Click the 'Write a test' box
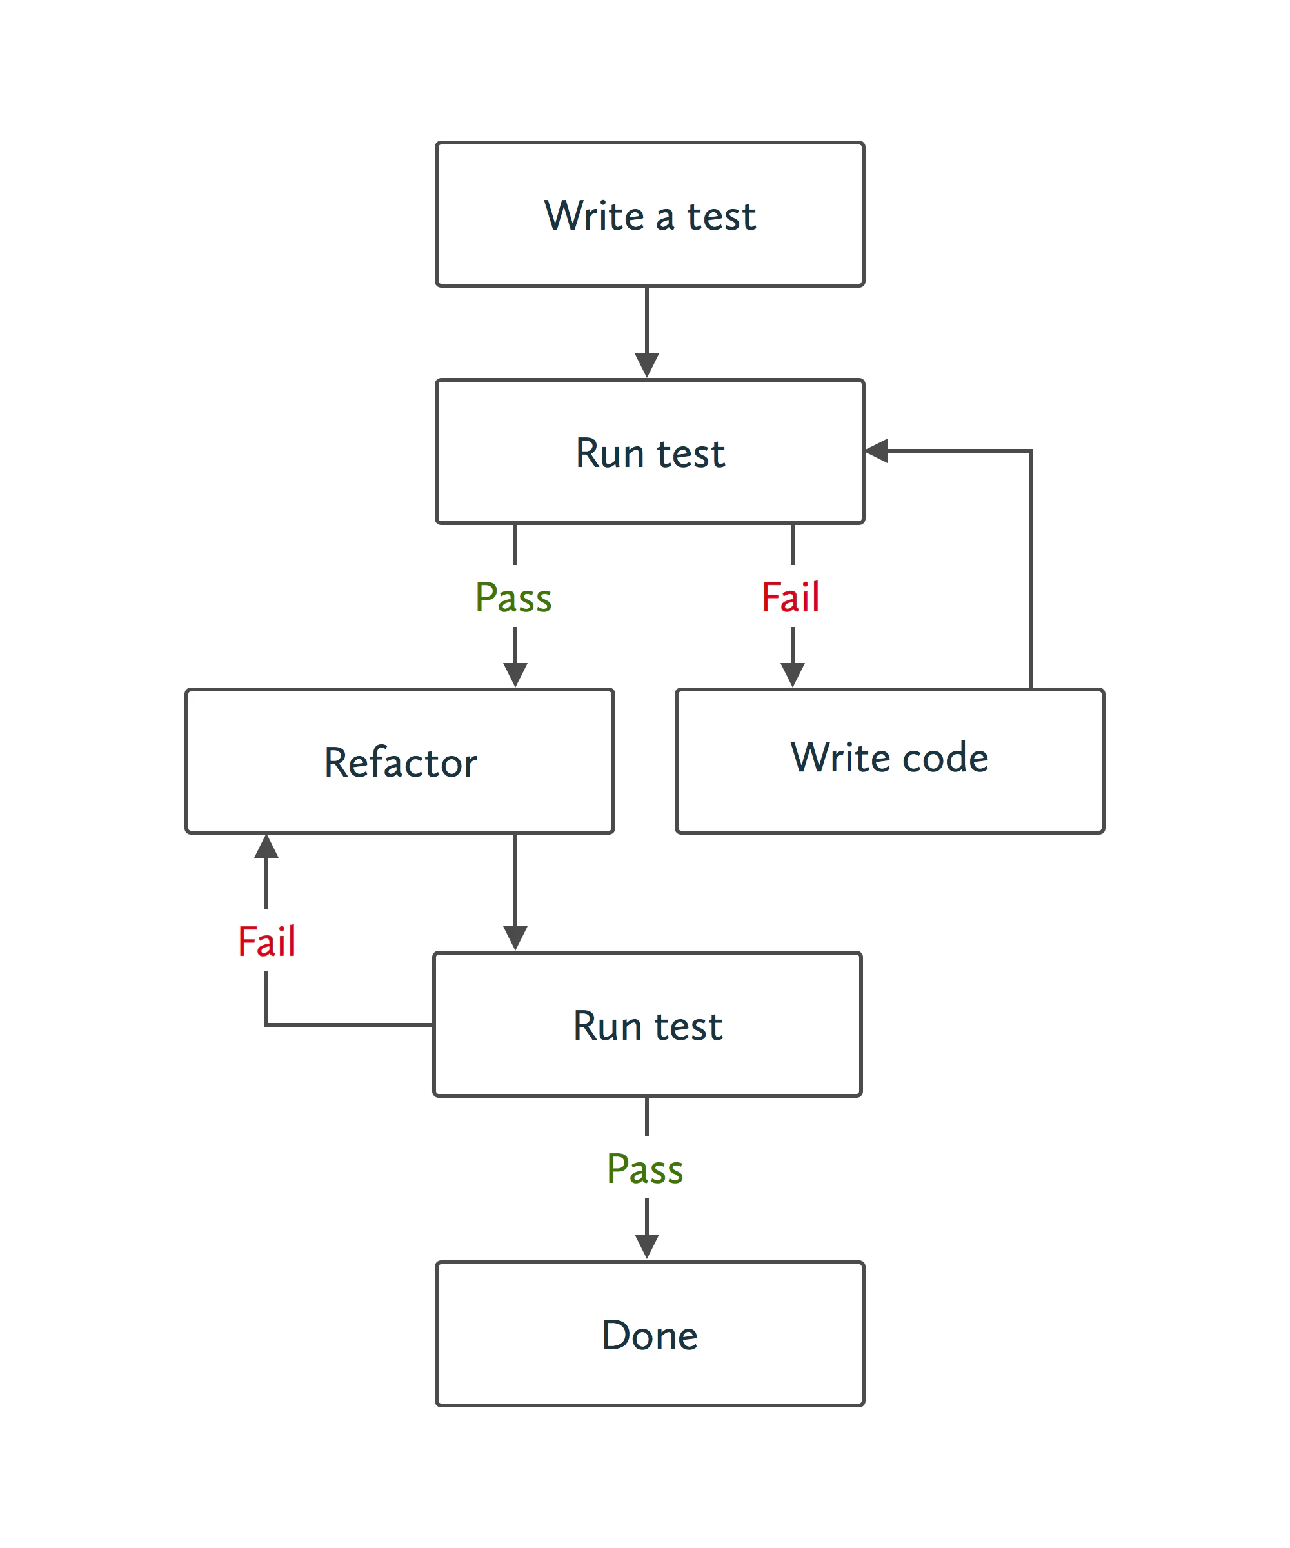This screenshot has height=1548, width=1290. coord(650,213)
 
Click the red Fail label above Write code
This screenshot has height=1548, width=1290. coord(790,597)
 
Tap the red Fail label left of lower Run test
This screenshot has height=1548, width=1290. coord(266,941)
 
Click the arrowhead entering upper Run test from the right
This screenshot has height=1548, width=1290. coord(876,450)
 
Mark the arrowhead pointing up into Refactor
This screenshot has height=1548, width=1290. coord(266,846)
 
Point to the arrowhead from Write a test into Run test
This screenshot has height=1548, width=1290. coord(646,365)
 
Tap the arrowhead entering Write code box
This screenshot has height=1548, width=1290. coord(793,675)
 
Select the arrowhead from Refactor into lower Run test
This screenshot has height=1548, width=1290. coord(515,938)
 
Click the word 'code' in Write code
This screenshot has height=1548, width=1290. coord(945,757)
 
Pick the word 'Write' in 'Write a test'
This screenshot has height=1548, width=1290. coord(594,215)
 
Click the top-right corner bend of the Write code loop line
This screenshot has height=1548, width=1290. coord(1031,450)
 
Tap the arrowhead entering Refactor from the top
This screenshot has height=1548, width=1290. coord(515,675)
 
